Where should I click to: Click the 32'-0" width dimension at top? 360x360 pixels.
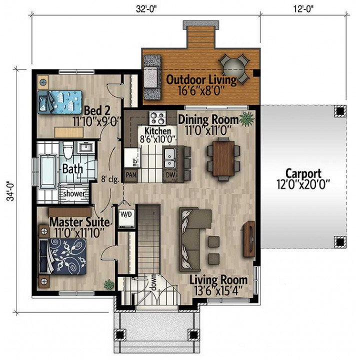(x=146, y=9)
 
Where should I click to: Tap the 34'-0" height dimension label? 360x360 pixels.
(x=11, y=192)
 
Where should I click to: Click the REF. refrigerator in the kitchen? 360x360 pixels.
(x=132, y=157)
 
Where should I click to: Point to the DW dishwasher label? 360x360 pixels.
(x=170, y=174)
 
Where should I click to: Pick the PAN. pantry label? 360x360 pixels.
(x=131, y=175)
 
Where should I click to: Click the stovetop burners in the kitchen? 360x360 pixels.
(x=157, y=118)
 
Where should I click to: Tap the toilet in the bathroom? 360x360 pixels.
(x=68, y=150)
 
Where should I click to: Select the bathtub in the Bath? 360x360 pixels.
(x=48, y=172)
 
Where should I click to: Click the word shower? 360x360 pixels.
(x=74, y=193)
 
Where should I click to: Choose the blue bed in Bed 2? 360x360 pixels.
(x=60, y=102)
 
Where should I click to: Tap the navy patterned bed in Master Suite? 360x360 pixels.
(x=62, y=256)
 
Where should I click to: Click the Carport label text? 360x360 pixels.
(x=303, y=174)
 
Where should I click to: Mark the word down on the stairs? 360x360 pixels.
(x=153, y=282)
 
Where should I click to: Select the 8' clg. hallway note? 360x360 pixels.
(x=110, y=179)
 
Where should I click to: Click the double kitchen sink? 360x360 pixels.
(x=170, y=158)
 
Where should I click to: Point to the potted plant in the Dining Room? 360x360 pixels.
(x=247, y=119)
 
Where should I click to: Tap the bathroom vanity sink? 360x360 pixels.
(x=86, y=147)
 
